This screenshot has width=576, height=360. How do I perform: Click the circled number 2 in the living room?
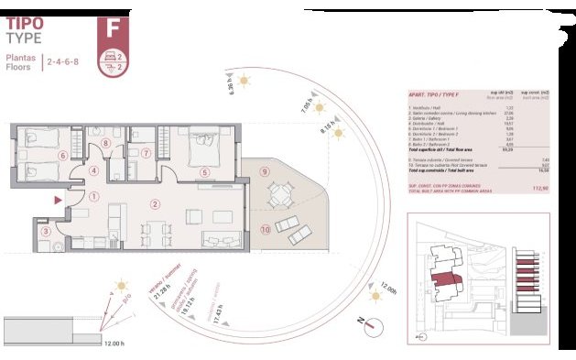click(x=155, y=204)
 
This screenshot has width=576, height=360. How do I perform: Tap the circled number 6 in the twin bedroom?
click(x=62, y=156)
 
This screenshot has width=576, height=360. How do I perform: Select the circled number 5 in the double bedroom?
click(x=204, y=171)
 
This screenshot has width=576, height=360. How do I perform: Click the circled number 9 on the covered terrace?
click(x=264, y=171)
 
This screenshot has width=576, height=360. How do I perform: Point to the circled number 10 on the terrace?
click(x=265, y=230)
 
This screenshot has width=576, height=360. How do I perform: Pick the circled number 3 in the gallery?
click(x=46, y=231)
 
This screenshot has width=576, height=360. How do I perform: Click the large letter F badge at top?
click(x=113, y=27)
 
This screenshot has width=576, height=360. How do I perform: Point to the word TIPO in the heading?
click(x=25, y=24)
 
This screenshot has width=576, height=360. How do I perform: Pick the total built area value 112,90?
click(x=540, y=188)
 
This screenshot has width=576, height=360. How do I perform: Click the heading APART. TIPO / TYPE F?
click(x=433, y=95)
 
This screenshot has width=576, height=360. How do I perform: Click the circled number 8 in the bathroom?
click(x=106, y=143)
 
